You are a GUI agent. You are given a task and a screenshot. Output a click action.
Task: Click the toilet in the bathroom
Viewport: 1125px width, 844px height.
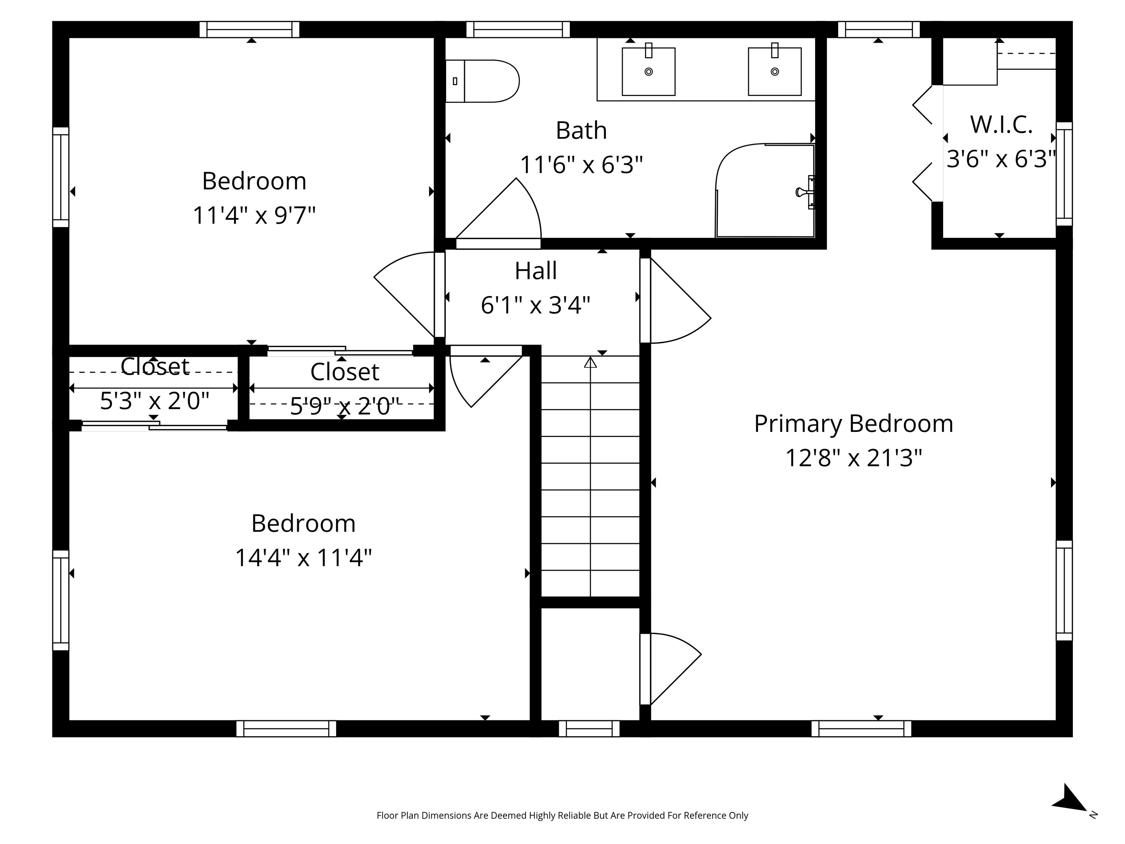pyautogui.click(x=483, y=81)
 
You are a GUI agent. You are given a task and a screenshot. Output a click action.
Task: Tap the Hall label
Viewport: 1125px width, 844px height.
pyautogui.click(x=535, y=271)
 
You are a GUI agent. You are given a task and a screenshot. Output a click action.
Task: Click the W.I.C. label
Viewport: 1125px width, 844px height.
pyautogui.click(x=1001, y=125)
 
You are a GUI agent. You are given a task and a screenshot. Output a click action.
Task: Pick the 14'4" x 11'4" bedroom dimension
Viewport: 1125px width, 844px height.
pyautogui.click(x=303, y=558)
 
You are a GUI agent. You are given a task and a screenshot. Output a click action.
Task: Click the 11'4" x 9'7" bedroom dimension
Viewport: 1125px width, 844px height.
pyautogui.click(x=254, y=215)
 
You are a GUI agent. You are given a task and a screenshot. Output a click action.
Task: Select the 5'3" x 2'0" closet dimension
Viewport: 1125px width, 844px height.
pyautogui.click(x=154, y=401)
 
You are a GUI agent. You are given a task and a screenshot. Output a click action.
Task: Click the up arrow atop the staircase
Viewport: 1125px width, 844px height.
pyautogui.click(x=590, y=362)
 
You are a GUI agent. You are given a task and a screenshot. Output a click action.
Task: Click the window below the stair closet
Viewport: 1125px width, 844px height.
pyautogui.click(x=589, y=729)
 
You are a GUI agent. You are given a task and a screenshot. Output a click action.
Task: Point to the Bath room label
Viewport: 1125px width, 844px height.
pyautogui.click(x=581, y=131)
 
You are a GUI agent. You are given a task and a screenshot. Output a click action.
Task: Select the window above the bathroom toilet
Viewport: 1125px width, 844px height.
pyautogui.click(x=518, y=30)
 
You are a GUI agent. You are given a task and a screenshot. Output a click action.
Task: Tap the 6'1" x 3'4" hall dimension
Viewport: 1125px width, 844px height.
pyautogui.click(x=535, y=305)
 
